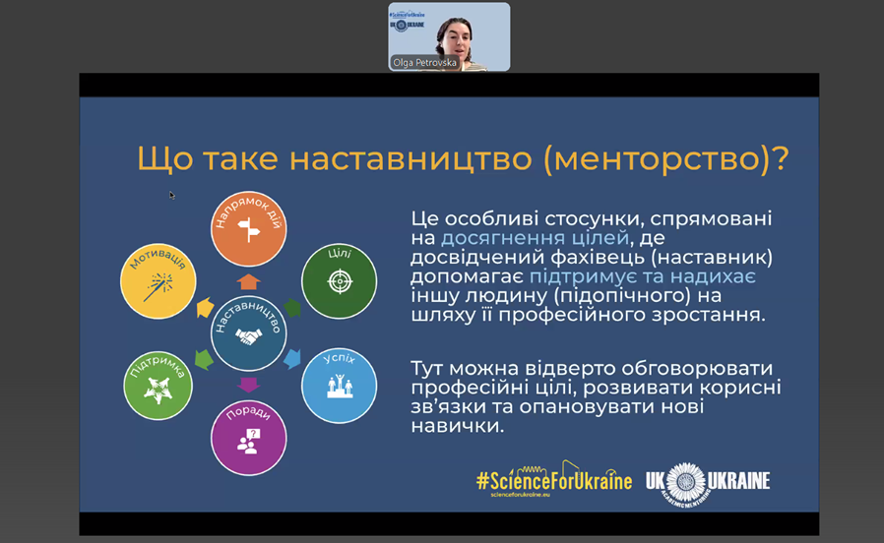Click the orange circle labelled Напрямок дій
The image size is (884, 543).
[x=249, y=228]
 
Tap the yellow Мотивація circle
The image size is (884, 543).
[x=158, y=281]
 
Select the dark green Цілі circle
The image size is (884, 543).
[x=340, y=281]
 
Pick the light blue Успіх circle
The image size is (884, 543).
[x=340, y=386]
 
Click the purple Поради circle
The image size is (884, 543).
[x=249, y=438]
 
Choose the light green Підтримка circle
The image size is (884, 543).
[x=158, y=386]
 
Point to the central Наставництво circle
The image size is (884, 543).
[x=249, y=333]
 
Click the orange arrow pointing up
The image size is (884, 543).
[x=249, y=281]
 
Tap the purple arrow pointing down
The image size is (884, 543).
[x=249, y=386]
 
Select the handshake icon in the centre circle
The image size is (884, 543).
[x=249, y=336]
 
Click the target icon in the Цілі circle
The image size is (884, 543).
[x=340, y=281]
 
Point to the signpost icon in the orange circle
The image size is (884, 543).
[x=249, y=230]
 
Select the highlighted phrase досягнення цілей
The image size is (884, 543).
[x=535, y=238]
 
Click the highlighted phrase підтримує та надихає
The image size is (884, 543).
[x=643, y=276]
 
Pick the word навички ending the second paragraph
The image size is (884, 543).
[x=458, y=426]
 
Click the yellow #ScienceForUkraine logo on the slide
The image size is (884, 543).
[x=554, y=480]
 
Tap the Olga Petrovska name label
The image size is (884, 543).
[x=424, y=63]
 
